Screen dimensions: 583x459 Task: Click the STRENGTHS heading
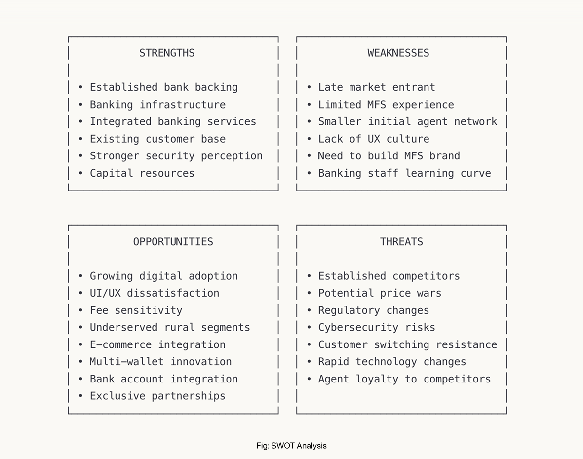pos(167,53)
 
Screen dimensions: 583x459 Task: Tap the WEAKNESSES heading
pos(398,53)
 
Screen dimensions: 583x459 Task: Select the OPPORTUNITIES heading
pos(173,242)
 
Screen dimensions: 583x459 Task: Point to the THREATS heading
pos(401,242)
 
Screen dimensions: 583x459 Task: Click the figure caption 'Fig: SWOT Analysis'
pos(291,446)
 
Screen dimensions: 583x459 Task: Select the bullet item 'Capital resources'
pos(142,173)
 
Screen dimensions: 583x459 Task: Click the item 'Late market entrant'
pos(377,87)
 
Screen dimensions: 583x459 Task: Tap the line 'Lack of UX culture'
pos(374,139)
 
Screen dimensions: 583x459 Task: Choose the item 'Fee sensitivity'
pos(136,310)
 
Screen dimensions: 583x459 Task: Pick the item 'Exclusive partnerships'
pos(157,396)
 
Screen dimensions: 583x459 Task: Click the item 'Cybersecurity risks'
pos(377,327)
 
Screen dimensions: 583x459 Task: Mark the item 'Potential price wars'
pos(380,293)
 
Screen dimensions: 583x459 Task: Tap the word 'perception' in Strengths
pos(232,156)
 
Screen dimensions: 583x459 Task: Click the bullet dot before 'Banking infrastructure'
pos(81,105)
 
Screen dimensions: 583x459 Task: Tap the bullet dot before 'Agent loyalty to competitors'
pos(309,379)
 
